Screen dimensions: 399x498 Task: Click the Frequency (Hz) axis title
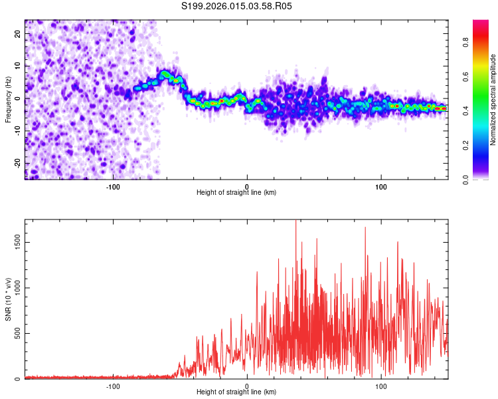8,99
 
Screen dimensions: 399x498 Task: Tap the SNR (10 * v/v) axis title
8,299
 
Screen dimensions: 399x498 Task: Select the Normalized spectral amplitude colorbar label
493,100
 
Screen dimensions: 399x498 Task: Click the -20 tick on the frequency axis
18,164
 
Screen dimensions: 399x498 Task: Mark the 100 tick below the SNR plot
382,386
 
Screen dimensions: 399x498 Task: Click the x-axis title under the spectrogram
236,193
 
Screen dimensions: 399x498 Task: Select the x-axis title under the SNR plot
236,392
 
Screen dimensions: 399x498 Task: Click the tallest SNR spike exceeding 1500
295,222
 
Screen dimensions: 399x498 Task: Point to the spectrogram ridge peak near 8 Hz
164,72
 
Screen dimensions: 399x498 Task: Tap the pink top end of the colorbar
481,23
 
